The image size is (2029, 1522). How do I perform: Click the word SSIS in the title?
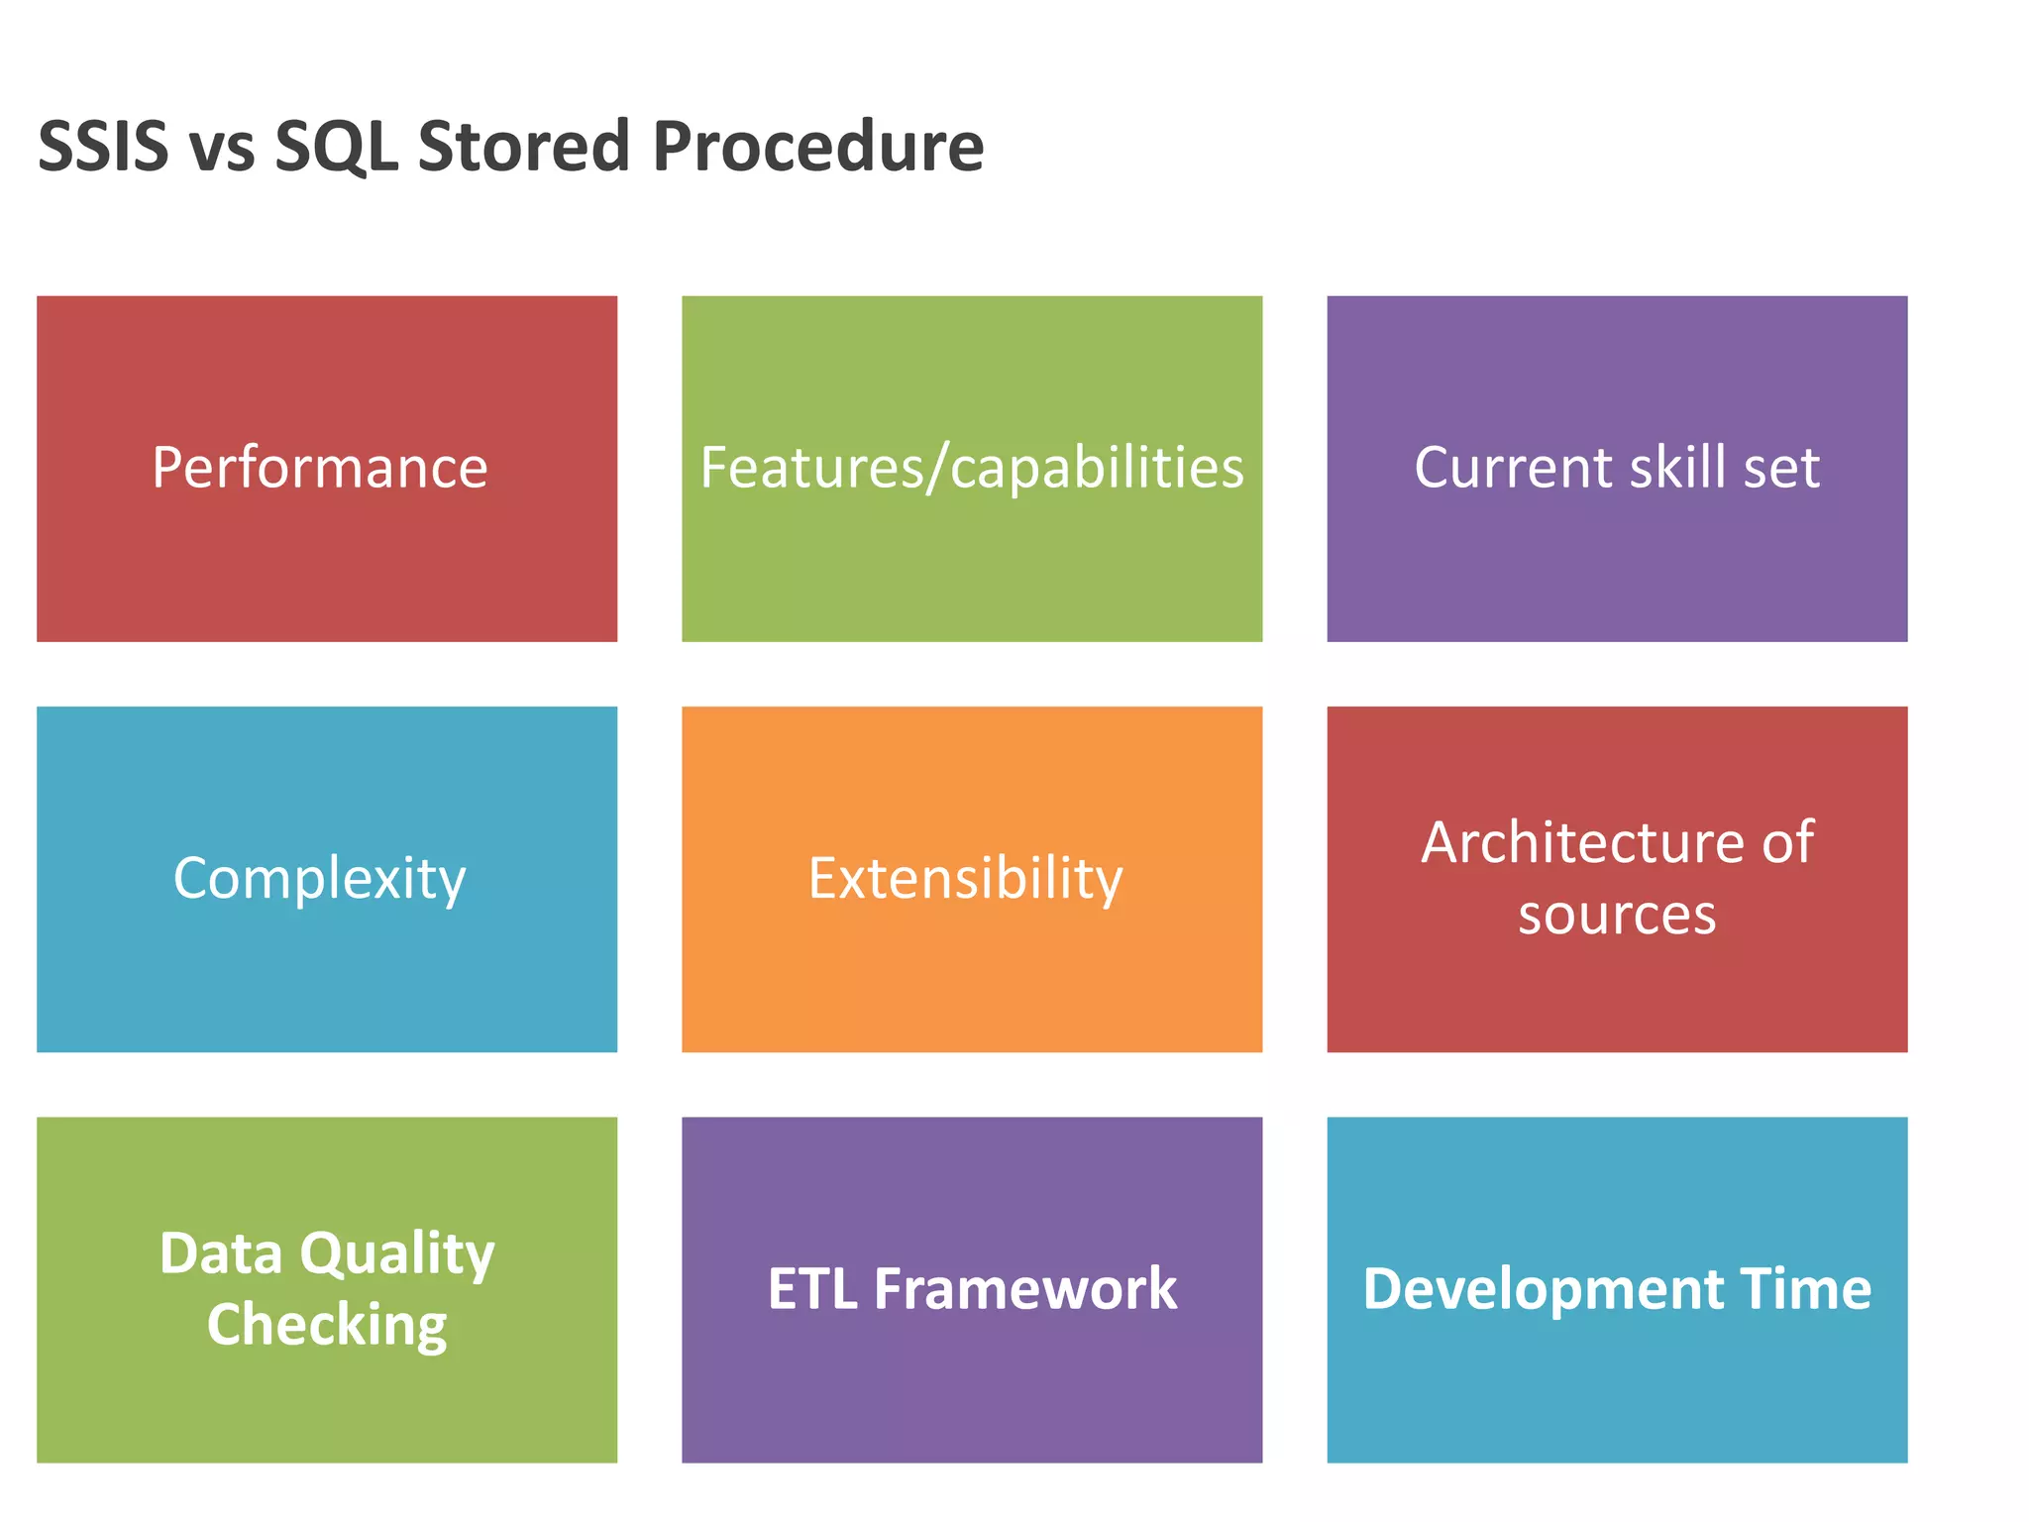coord(103,147)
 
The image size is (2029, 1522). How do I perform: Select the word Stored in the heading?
coord(524,147)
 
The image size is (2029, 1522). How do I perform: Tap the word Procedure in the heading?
coord(817,147)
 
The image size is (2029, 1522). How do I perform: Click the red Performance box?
coord(327,469)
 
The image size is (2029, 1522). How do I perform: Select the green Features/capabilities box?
coord(972,469)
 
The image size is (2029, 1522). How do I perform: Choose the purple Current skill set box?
coord(1617,469)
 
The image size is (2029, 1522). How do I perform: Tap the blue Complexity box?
coord(327,879)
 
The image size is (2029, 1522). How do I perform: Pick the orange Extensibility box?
coord(972,879)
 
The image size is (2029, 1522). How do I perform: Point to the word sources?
coord(1617,915)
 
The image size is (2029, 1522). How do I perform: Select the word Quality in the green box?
coord(397,1254)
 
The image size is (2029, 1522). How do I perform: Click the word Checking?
coord(327,1326)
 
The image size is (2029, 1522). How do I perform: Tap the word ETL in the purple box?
coord(812,1289)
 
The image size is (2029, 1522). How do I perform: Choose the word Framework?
coord(1025,1289)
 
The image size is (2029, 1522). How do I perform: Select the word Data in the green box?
coord(221,1253)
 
